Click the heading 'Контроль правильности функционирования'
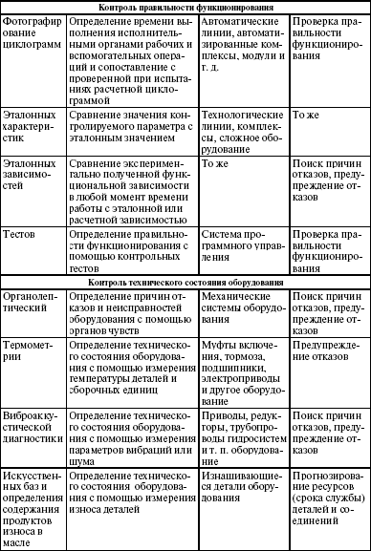tap(185, 6)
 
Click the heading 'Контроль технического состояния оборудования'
tap(185, 257)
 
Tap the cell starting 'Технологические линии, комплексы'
tap(245, 125)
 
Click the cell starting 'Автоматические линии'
tap(245, 39)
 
